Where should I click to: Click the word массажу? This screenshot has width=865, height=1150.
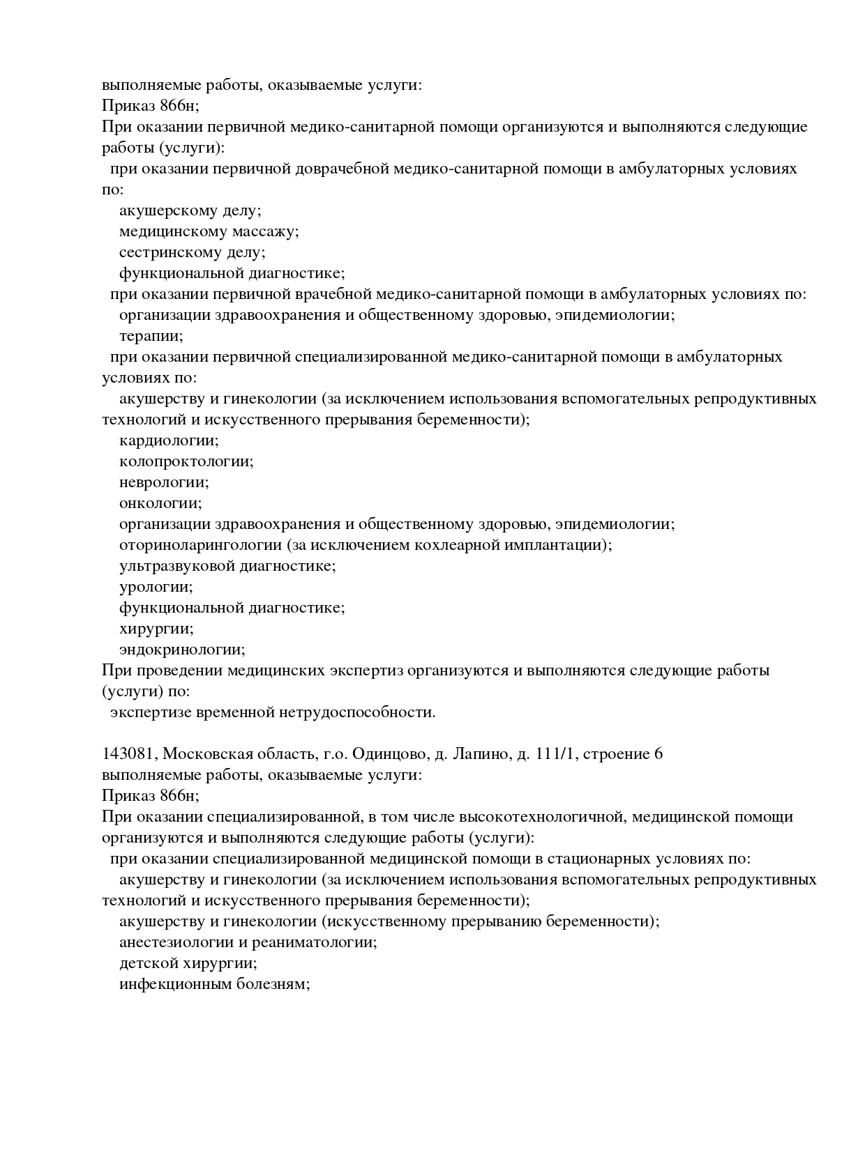[x=265, y=231]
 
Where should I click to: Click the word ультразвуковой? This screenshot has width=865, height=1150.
[x=176, y=566]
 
